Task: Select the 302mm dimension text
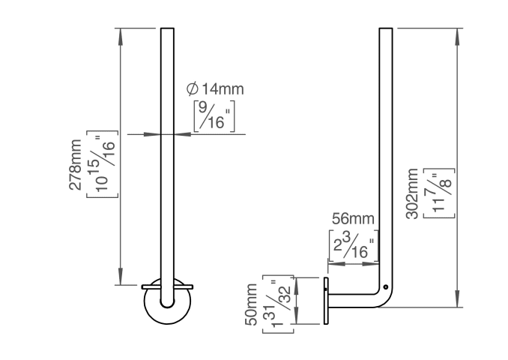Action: pyautogui.click(x=412, y=193)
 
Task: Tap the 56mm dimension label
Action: pyautogui.click(x=353, y=219)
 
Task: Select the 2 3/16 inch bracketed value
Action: pyautogui.click(x=353, y=245)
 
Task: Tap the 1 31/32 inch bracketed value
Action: pyautogui.click(x=277, y=304)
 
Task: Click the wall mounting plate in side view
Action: pyautogui.click(x=326, y=300)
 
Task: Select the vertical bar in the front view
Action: pyautogui.click(x=167, y=150)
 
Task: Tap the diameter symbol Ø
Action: pyautogui.click(x=192, y=89)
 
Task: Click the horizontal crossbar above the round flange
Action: pyautogui.click(x=167, y=286)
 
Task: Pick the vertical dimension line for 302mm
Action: pyautogui.click(x=457, y=165)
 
